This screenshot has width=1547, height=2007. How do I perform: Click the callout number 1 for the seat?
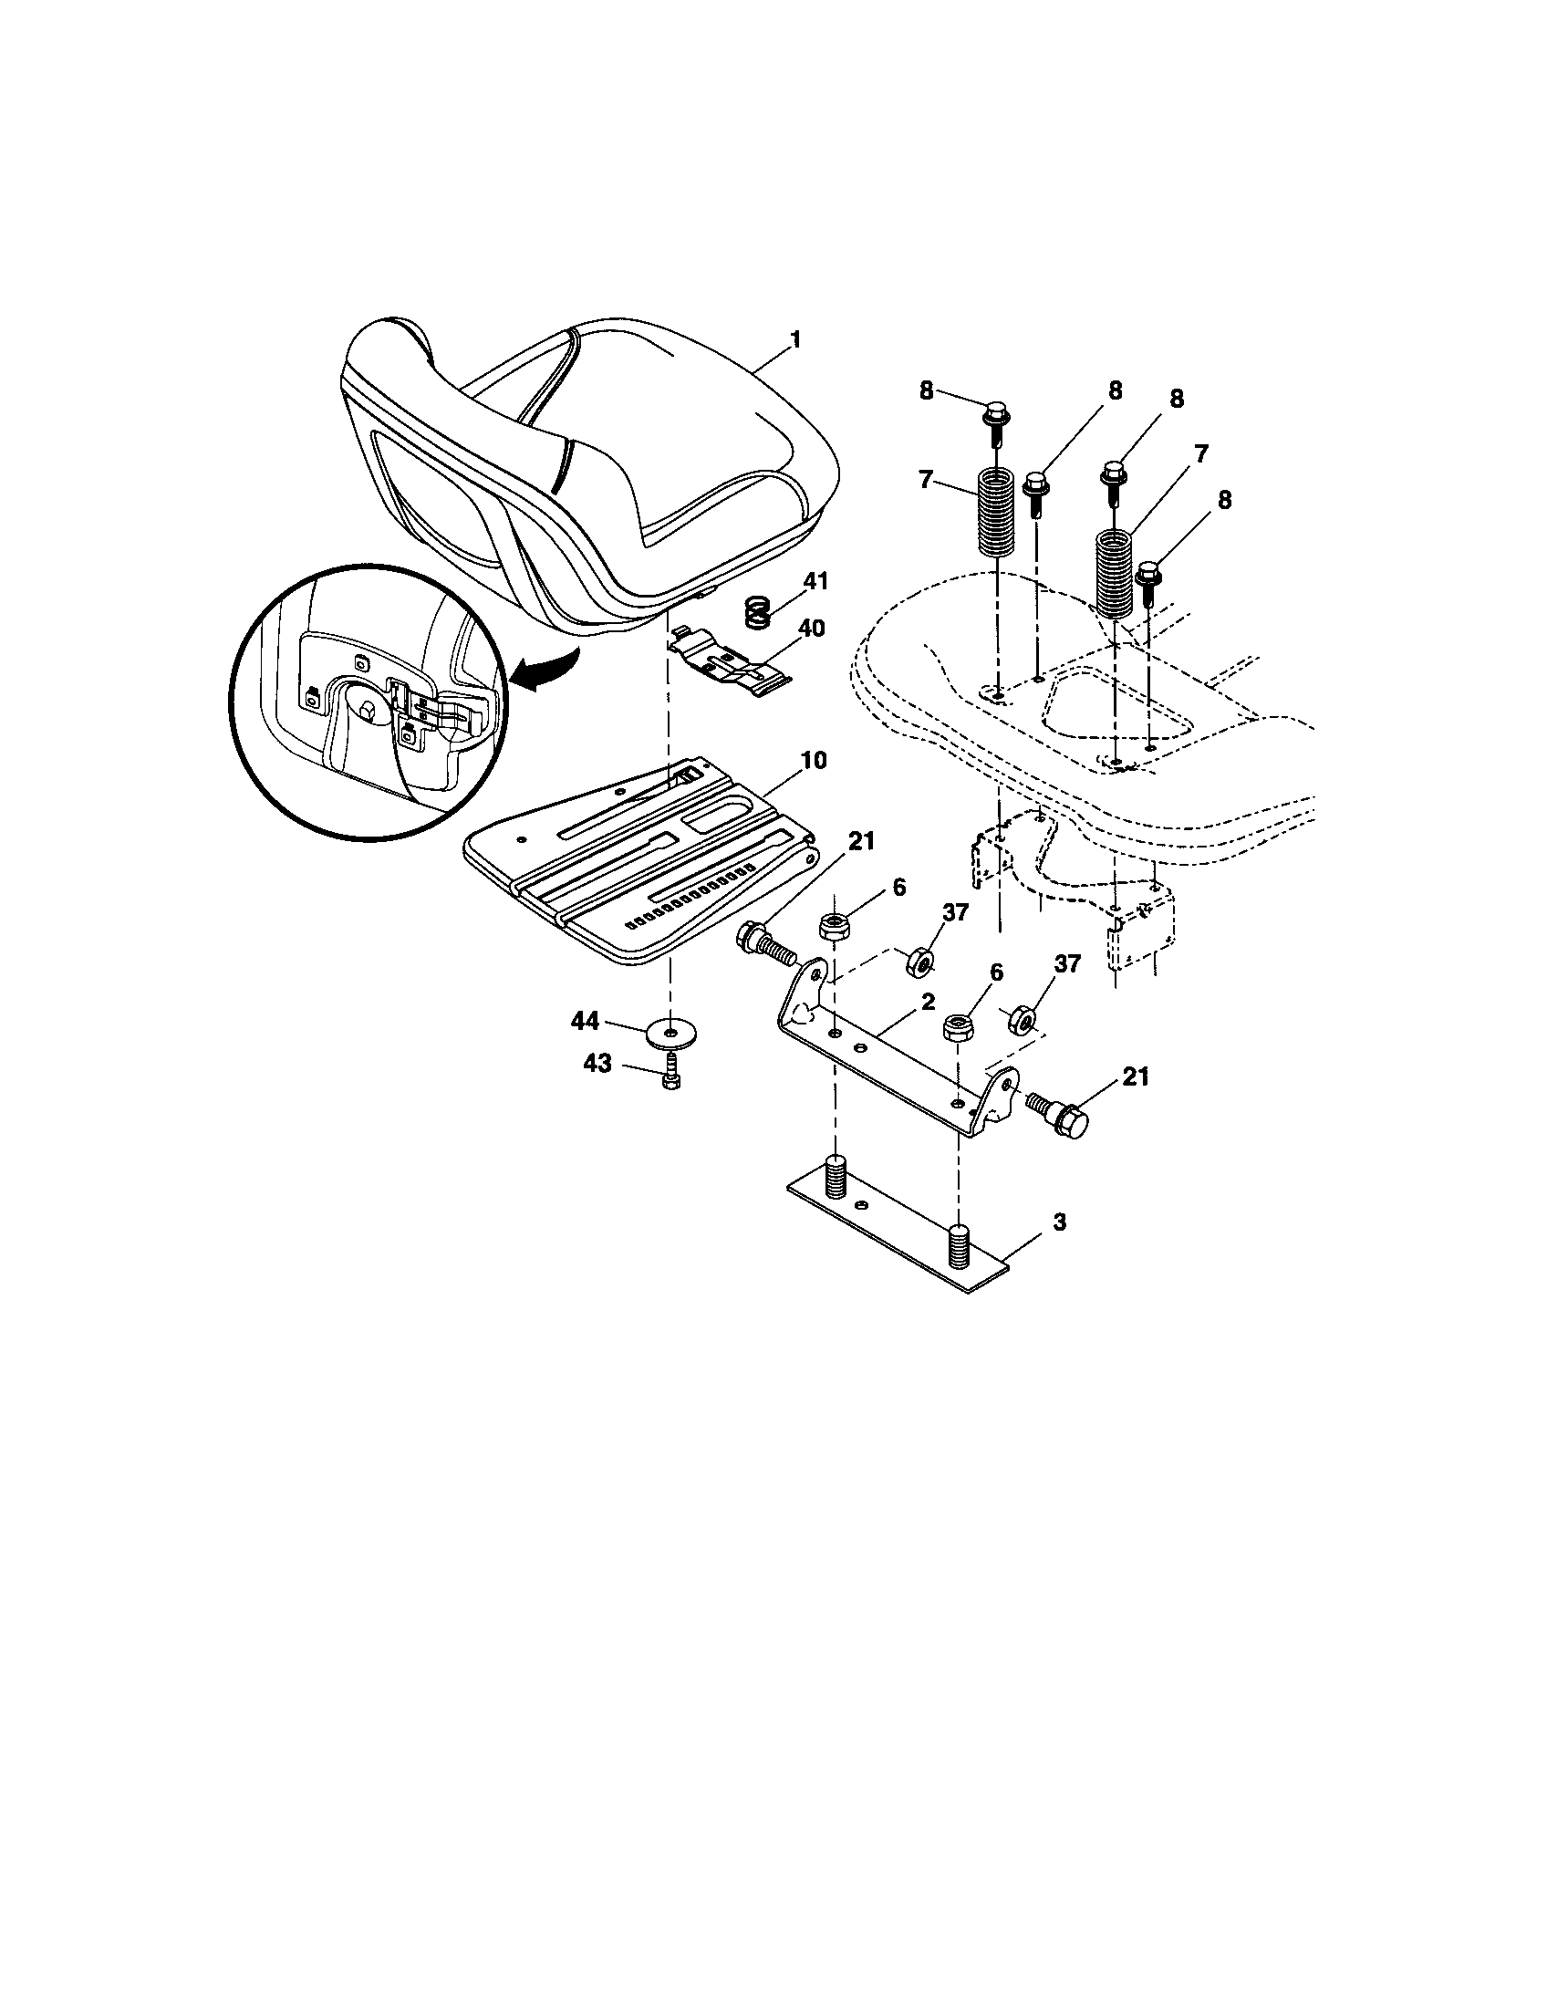(x=794, y=340)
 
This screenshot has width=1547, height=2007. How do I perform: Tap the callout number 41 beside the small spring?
(x=815, y=582)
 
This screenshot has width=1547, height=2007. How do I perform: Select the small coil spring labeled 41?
(x=756, y=612)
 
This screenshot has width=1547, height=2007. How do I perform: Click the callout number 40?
(x=811, y=629)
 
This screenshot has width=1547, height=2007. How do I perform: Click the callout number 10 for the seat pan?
(x=812, y=760)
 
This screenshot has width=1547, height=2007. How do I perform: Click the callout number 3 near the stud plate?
(x=1059, y=1222)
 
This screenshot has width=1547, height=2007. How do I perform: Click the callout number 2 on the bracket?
(x=928, y=1001)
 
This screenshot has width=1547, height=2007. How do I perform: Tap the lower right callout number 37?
(x=1067, y=963)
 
